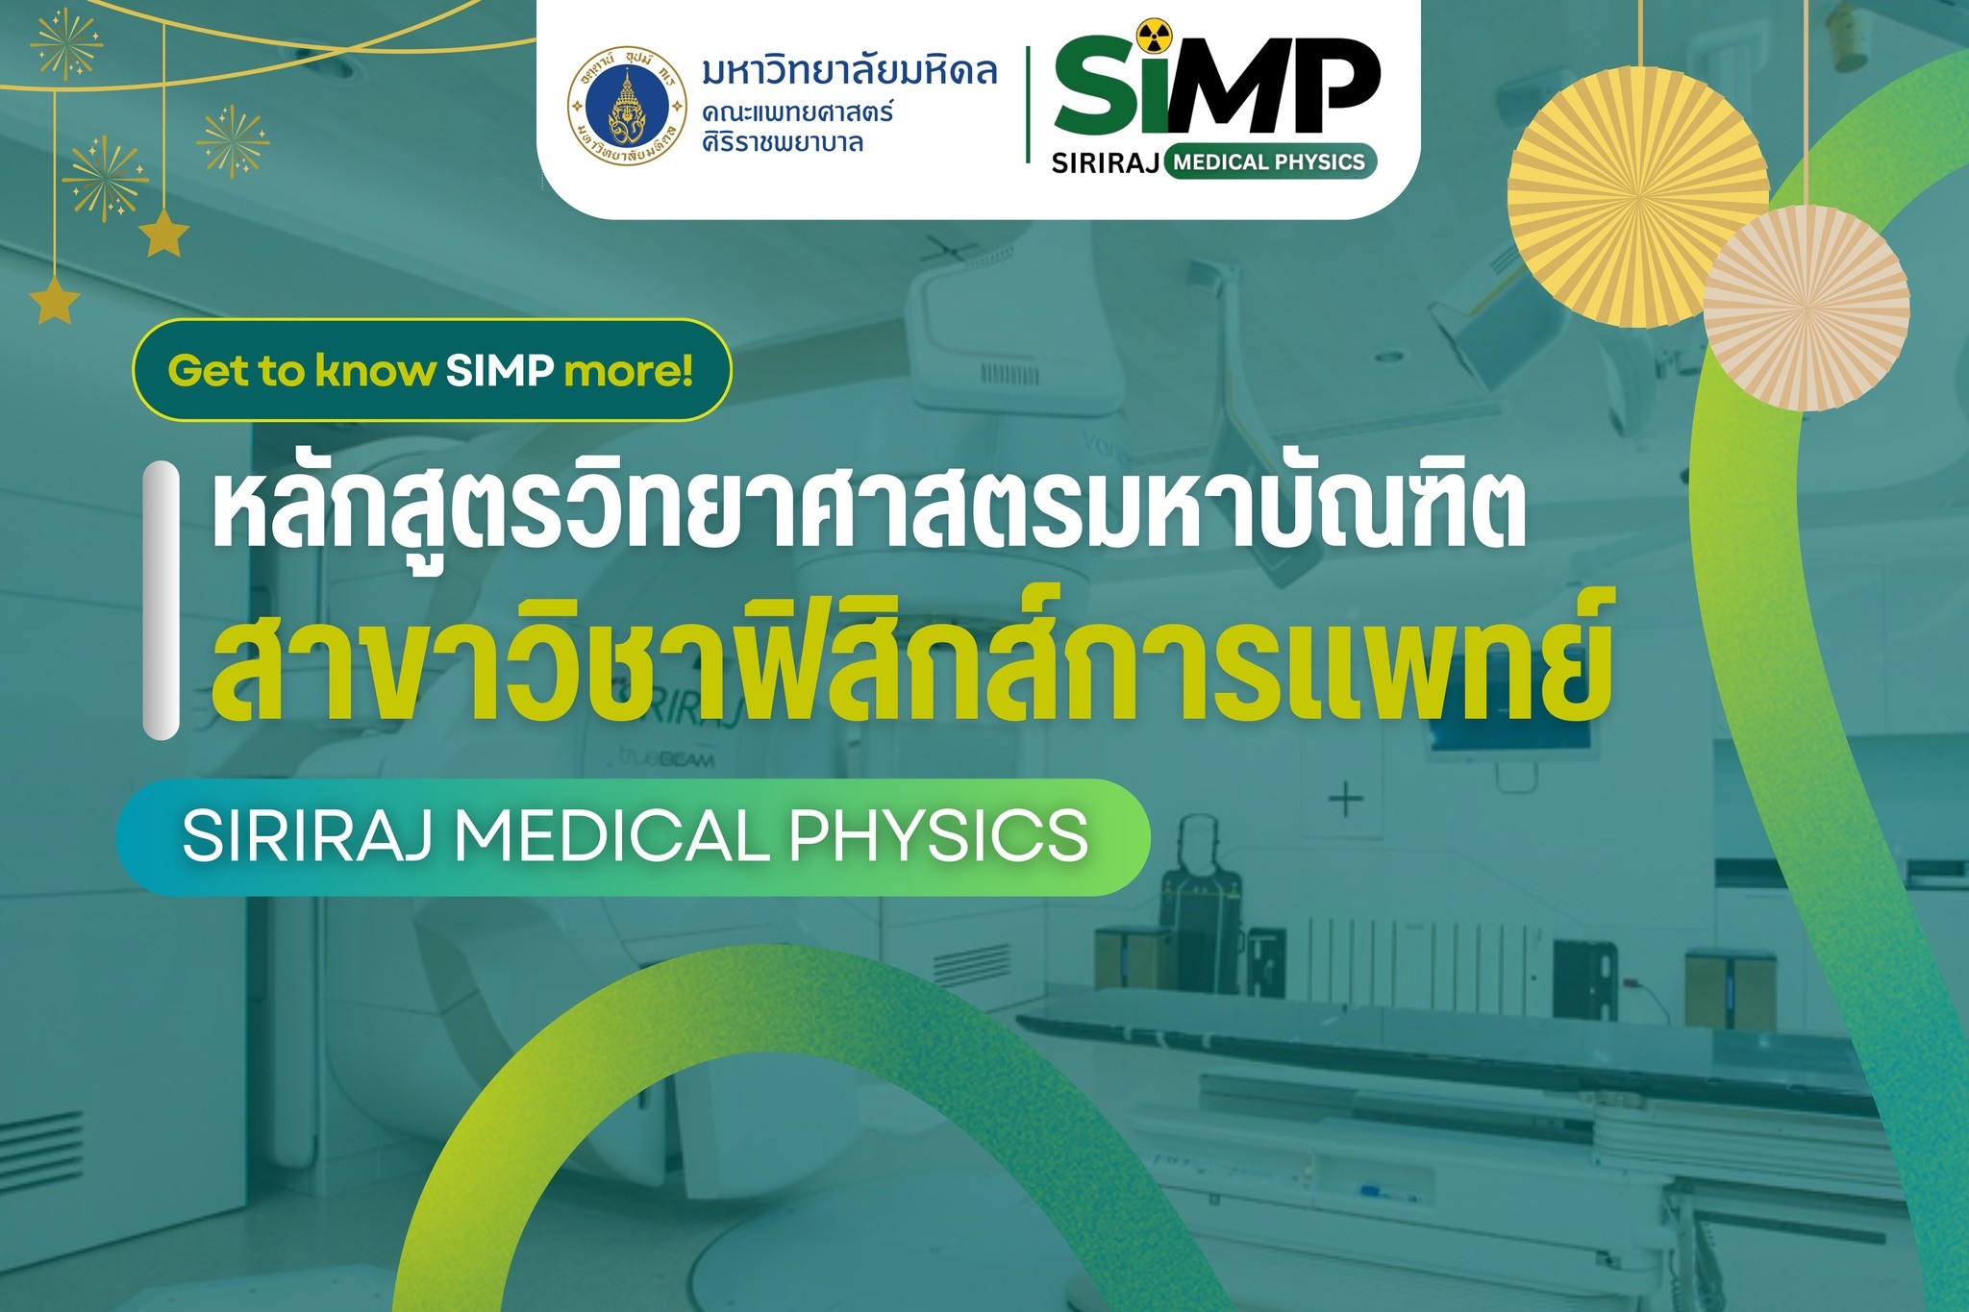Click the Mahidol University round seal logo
tap(627, 105)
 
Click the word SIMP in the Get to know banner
tap(499, 370)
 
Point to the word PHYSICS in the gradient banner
tap(939, 835)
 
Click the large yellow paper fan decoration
tap(1637, 197)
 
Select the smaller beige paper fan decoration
tap(1807, 308)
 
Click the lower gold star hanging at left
tap(55, 300)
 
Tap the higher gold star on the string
tap(164, 234)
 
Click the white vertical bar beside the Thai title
tap(162, 601)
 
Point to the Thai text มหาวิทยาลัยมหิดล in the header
tap(850, 70)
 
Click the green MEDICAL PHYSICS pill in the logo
tap(1270, 161)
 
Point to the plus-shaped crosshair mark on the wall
tap(1345, 799)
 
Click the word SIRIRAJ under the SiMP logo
tap(1105, 162)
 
